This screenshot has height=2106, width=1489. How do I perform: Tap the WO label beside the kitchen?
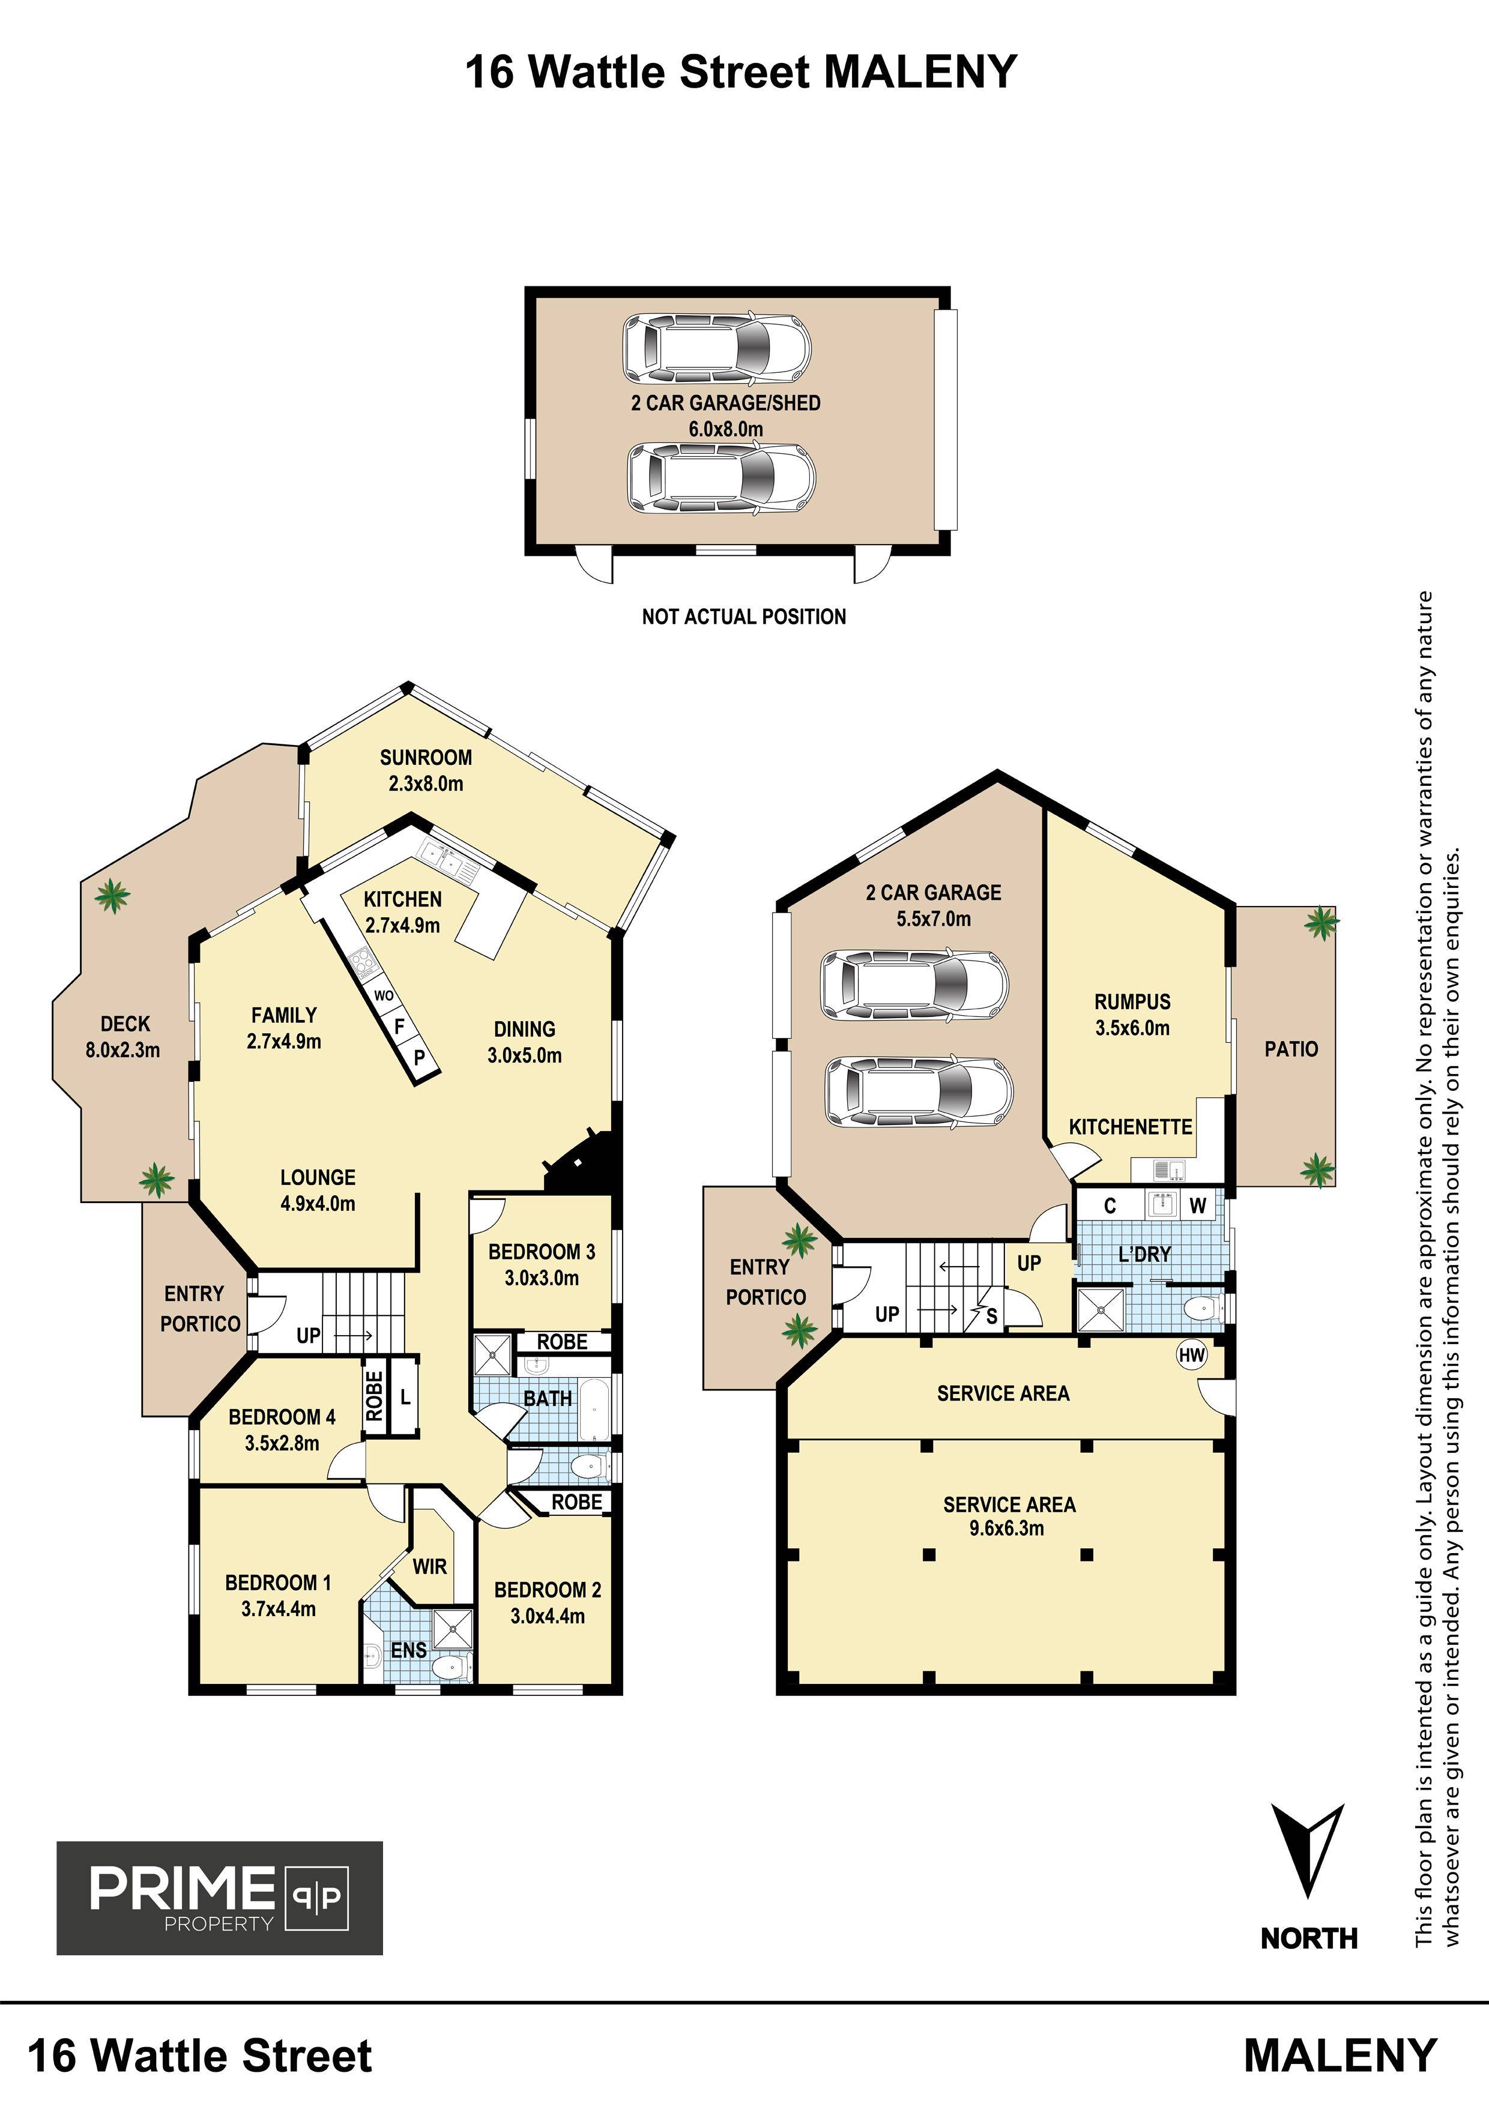(x=384, y=995)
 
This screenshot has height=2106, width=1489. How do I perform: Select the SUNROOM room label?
(x=426, y=758)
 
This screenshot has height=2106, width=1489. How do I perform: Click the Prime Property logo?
(x=220, y=1898)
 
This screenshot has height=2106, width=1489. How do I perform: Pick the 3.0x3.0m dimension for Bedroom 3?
(x=542, y=1278)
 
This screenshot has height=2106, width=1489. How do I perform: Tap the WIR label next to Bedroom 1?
(x=429, y=1566)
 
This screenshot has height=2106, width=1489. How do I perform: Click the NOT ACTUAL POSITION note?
(x=744, y=617)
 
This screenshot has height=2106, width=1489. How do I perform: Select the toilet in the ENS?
(x=450, y=1666)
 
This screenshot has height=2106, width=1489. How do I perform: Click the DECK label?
(x=125, y=1024)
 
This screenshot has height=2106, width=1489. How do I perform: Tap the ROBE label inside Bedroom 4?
(x=374, y=1395)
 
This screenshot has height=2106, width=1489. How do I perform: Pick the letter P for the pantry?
(x=419, y=1057)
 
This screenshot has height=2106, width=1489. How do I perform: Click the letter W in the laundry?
(x=1197, y=1206)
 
